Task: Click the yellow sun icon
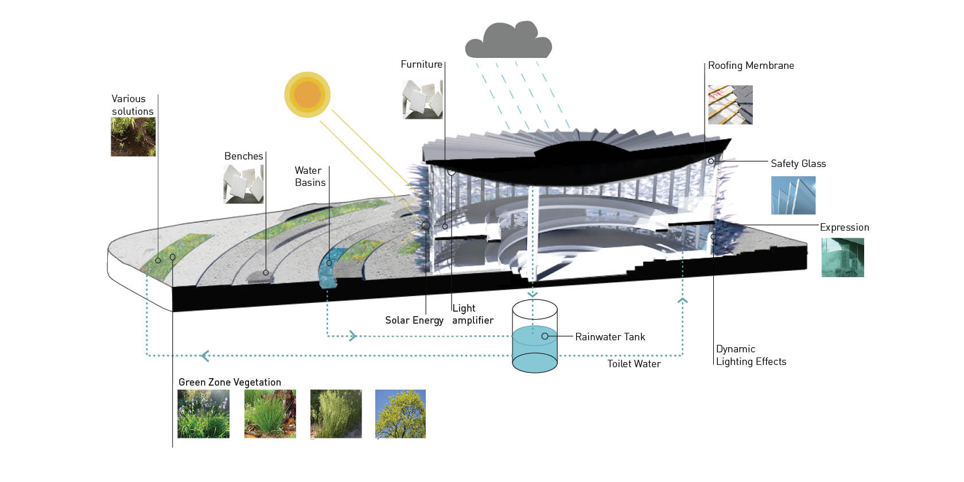tap(308, 95)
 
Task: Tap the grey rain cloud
tap(508, 41)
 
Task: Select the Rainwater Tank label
tap(610, 337)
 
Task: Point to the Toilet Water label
tap(634, 364)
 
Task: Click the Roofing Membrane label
tap(751, 65)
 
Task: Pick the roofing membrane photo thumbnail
tap(730, 105)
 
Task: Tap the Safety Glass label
tap(798, 164)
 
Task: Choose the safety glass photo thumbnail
tap(793, 195)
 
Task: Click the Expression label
tap(844, 227)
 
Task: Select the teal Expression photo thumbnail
tap(842, 258)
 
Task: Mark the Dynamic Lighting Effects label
tap(751, 355)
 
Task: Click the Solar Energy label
tap(414, 320)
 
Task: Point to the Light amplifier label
tap(472, 314)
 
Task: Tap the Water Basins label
tap(310, 176)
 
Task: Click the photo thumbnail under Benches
tap(243, 184)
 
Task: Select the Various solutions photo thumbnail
tap(133, 137)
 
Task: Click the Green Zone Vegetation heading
tap(230, 382)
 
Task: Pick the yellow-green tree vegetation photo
tap(401, 414)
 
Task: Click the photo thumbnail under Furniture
tap(423, 99)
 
